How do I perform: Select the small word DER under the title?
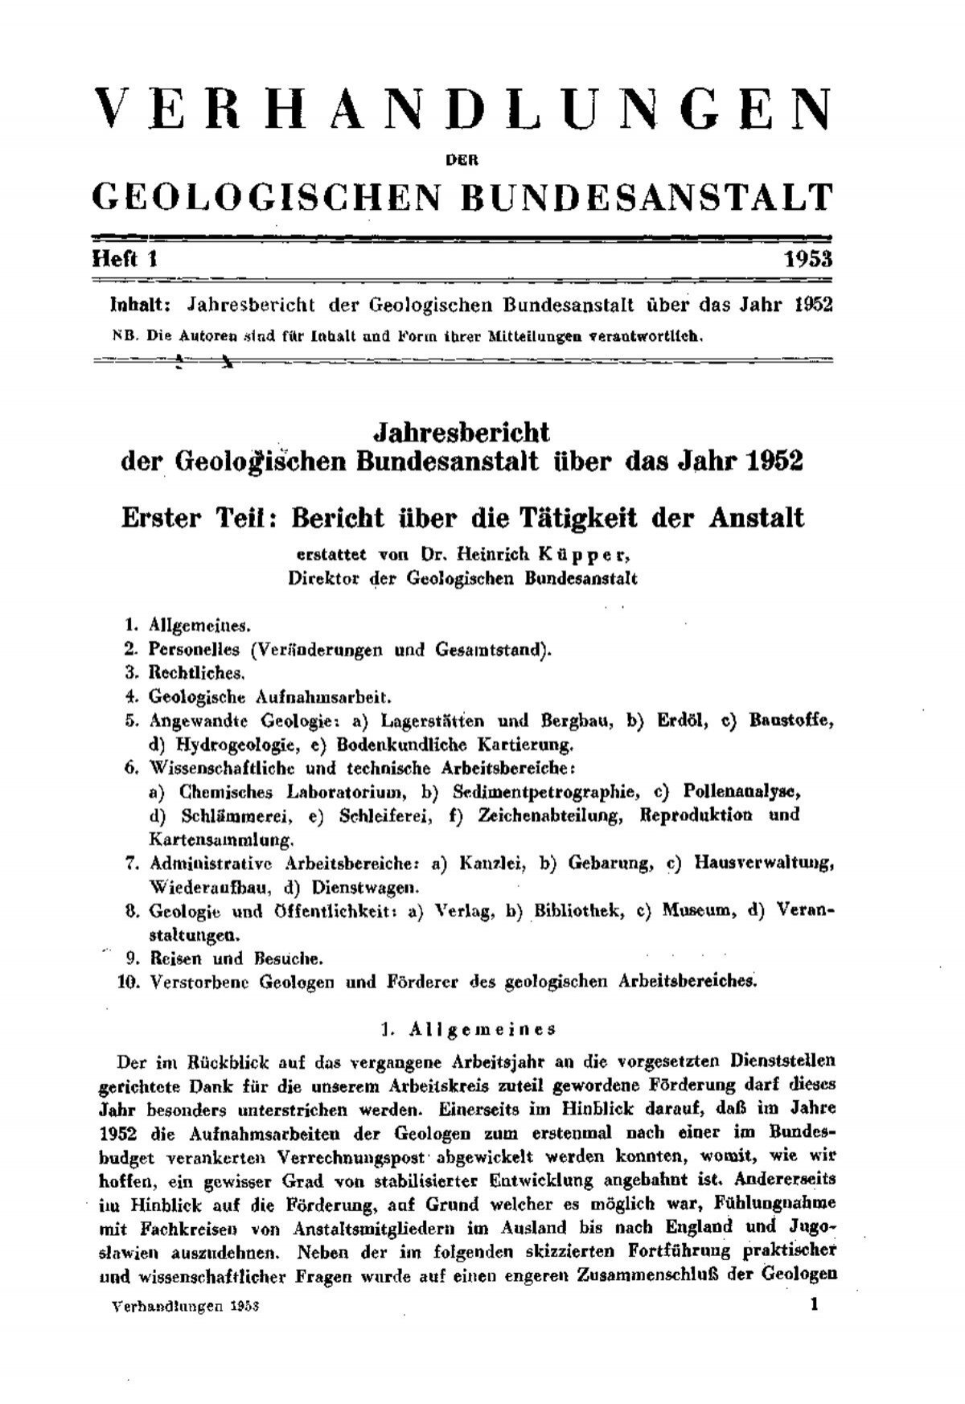(x=462, y=159)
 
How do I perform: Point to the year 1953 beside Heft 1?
(x=808, y=260)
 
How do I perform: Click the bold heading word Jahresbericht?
(x=462, y=433)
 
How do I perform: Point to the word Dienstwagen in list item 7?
(x=368, y=888)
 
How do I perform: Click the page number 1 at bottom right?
(x=815, y=1304)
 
